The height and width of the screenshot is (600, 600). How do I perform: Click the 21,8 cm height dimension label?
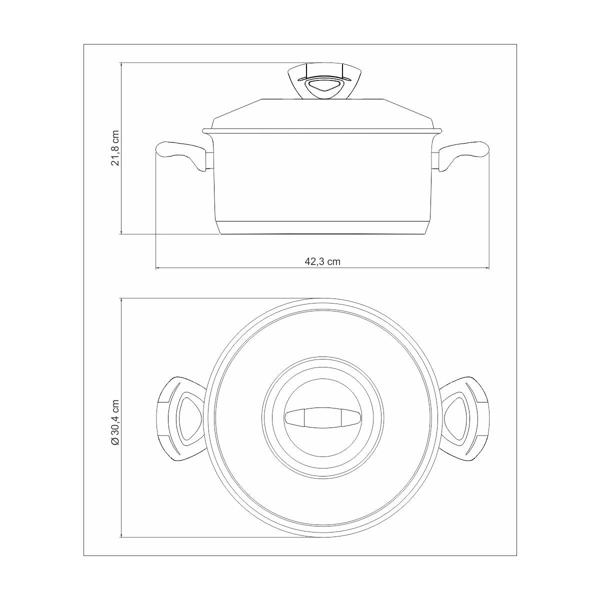pos(115,148)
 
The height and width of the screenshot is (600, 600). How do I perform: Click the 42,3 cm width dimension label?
pos(322,261)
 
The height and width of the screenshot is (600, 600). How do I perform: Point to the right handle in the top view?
pos(465,418)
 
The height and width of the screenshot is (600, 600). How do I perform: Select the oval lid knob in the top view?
pos(322,418)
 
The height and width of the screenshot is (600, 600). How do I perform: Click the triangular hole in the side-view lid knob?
pos(322,88)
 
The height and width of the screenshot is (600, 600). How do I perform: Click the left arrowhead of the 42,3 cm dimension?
pos(158,268)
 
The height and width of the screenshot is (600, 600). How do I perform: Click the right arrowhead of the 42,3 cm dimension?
pos(487,268)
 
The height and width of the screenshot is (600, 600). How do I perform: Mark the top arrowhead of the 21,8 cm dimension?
pos(121,65)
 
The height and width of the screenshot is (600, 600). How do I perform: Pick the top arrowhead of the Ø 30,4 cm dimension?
pos(121,300)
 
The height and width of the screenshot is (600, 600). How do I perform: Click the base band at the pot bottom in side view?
pos(322,227)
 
